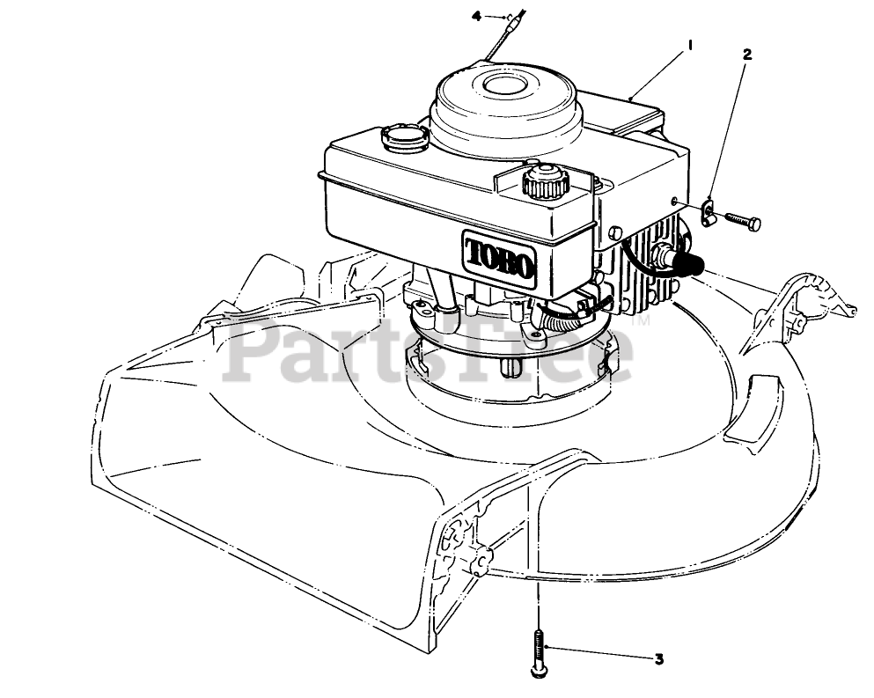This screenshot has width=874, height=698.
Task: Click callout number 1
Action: (690, 44)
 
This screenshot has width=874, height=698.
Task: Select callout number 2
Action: (747, 54)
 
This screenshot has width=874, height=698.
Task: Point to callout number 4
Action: (477, 16)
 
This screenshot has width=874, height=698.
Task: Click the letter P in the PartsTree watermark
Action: (255, 352)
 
